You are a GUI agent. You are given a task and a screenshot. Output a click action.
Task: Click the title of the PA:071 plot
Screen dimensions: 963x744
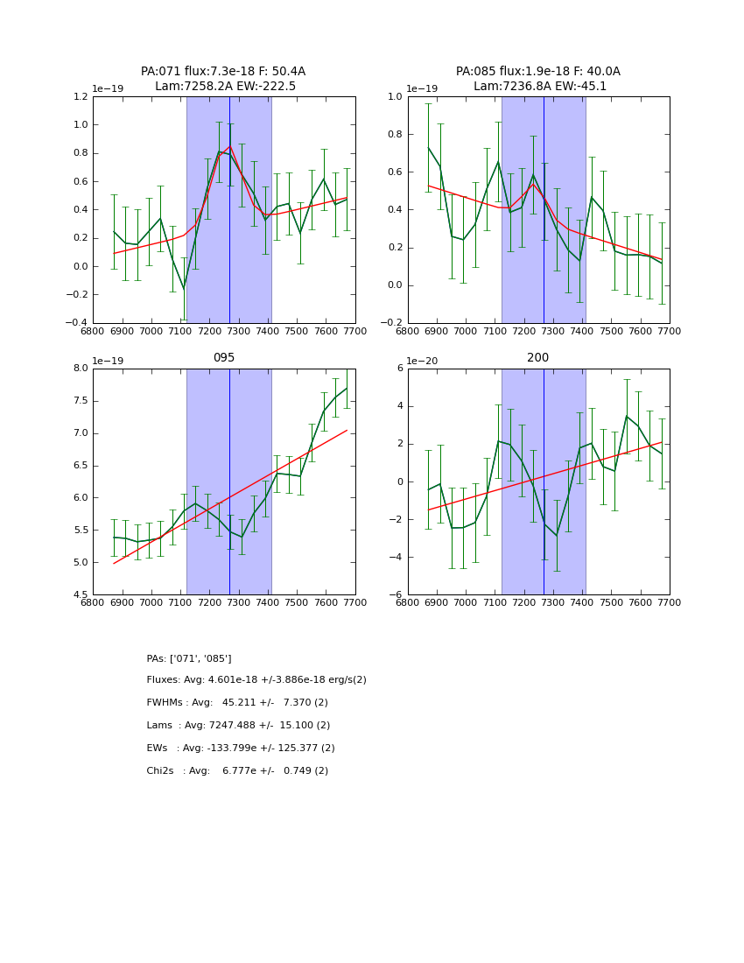(223, 79)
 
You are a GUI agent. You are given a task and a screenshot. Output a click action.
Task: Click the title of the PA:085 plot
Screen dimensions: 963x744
(538, 79)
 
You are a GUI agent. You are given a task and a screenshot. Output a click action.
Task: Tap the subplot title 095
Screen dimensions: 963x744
(223, 358)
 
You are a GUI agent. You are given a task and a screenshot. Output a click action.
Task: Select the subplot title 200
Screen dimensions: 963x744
(538, 358)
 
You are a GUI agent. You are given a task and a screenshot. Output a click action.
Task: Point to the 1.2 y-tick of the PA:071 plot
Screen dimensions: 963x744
(79, 97)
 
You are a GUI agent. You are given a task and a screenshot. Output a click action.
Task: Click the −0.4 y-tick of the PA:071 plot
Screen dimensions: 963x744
(77, 323)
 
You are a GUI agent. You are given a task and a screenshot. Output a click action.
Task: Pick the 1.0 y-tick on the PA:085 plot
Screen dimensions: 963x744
(394, 97)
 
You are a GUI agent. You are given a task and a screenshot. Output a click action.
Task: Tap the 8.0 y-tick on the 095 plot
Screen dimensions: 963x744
(79, 369)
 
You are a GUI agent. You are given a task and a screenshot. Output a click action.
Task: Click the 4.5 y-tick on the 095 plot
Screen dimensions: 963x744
(79, 594)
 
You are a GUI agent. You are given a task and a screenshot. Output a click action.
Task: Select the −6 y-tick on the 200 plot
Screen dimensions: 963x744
(395, 594)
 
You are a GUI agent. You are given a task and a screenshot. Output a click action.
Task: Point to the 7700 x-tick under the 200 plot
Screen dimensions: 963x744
(670, 602)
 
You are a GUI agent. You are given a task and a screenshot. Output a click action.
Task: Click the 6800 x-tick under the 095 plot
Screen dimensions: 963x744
(93, 602)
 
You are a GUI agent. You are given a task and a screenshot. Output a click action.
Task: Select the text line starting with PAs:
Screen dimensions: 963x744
(189, 658)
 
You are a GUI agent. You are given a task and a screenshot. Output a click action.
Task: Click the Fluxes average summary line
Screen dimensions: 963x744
(256, 680)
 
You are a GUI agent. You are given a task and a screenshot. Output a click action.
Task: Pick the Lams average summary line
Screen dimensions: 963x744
(238, 726)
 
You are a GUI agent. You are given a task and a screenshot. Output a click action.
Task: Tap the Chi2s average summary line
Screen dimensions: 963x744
(237, 771)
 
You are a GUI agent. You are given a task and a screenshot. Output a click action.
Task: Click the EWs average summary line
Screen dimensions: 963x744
(241, 749)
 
